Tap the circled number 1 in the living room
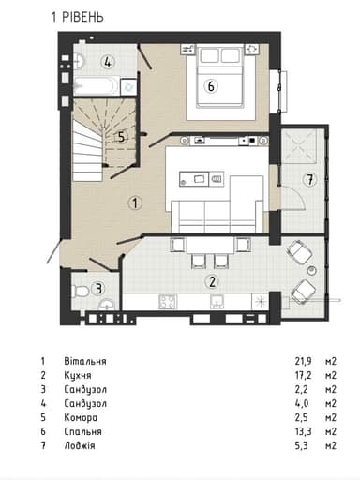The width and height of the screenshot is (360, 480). coord(135,202)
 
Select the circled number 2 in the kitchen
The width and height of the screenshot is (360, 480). coord(212,280)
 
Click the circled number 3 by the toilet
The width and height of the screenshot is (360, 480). coord(98,289)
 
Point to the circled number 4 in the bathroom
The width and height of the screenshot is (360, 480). coord(110,64)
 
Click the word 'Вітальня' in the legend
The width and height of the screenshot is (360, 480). coord(86,361)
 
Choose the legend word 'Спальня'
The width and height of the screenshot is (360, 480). coord(84,432)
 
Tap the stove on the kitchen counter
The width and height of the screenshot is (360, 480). coord(170,302)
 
